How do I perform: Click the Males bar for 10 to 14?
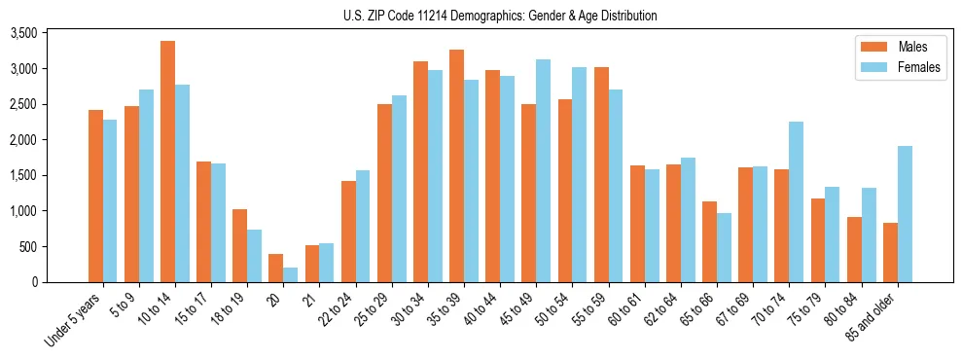pos(167,162)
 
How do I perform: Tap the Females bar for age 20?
pos(291,274)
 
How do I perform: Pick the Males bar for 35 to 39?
pos(456,165)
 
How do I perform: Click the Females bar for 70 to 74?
pos(797,201)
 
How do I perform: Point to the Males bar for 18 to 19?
pos(239,245)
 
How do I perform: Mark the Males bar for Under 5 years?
pos(95,196)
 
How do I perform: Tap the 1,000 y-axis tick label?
pos(50,211)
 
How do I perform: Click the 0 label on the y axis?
pos(59,282)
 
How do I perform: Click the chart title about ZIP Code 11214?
pos(500,16)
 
